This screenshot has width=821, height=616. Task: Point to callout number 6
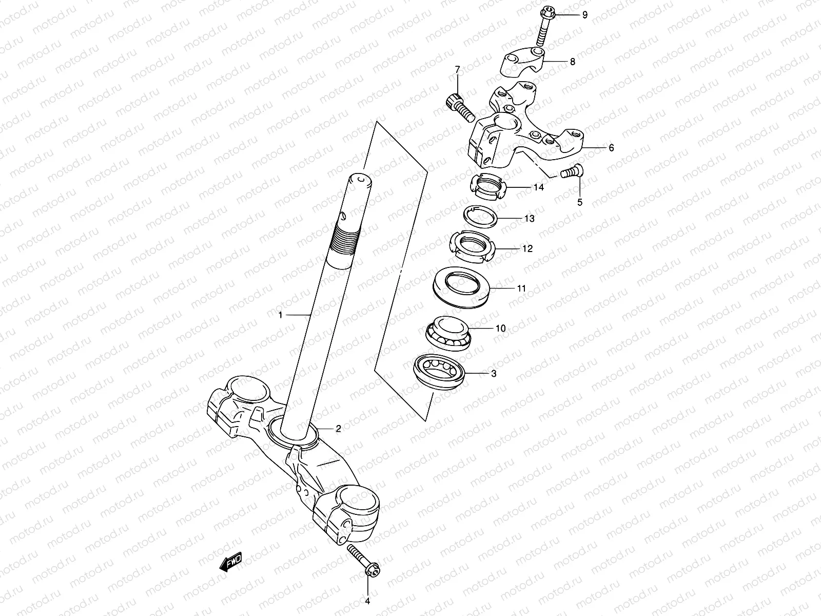pyautogui.click(x=611, y=148)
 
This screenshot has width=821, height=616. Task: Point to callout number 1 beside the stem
pyautogui.click(x=281, y=315)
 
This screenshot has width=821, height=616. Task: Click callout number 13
pyautogui.click(x=529, y=219)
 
